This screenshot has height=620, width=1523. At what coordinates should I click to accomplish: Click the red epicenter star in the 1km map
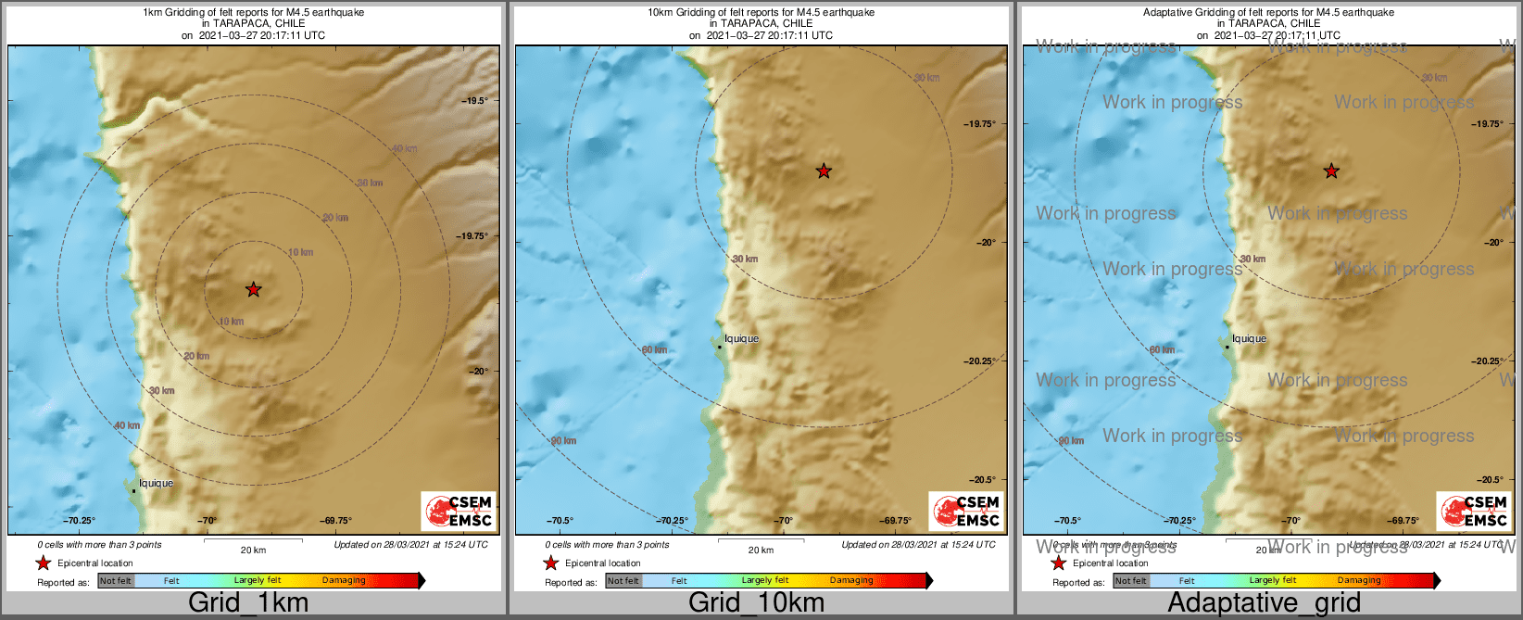click(253, 290)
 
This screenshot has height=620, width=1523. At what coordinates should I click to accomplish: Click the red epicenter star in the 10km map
click(824, 171)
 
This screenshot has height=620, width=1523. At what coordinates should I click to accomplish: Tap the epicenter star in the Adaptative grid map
click(1331, 171)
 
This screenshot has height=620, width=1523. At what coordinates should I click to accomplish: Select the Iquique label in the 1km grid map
click(156, 484)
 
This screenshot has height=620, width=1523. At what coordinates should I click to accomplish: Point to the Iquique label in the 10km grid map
click(741, 339)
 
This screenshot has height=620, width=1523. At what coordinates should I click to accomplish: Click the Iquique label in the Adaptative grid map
click(1249, 339)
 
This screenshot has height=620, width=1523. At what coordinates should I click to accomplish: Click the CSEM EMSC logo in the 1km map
click(459, 512)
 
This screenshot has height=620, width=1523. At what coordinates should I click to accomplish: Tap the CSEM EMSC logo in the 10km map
click(966, 512)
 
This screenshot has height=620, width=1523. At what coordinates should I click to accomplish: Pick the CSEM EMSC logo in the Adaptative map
click(1474, 512)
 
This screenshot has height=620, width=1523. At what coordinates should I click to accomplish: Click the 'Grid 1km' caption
click(247, 603)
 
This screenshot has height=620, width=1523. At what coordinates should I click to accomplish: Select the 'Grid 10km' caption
click(756, 603)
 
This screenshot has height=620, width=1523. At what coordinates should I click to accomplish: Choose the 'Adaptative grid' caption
click(1264, 603)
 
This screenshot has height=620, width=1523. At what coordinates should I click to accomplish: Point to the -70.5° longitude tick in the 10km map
click(560, 521)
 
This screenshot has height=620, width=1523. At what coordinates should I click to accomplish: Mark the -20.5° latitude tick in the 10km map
click(982, 480)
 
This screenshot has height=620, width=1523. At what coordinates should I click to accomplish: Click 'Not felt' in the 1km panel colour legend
click(116, 581)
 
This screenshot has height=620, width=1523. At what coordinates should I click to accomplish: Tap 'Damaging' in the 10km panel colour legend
click(851, 581)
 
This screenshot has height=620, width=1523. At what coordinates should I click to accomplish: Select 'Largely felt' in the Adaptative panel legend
click(1273, 581)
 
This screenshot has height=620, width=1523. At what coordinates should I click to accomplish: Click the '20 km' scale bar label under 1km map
click(253, 550)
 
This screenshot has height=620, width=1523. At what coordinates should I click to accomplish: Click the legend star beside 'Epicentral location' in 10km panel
click(550, 563)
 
